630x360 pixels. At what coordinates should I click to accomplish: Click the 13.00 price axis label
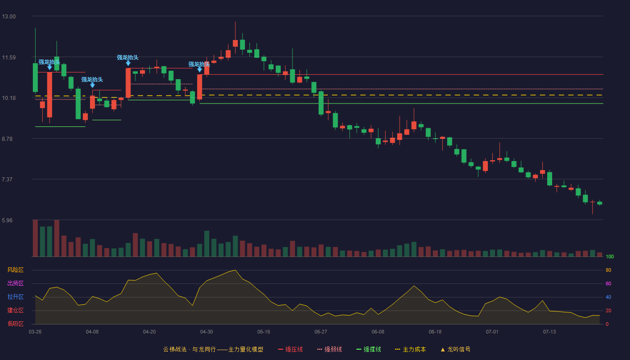pyautogui.click(x=9, y=17)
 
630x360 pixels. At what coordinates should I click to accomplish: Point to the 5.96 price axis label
pyautogui.click(x=7, y=220)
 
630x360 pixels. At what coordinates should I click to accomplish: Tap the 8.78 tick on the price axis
pyautogui.click(x=7, y=139)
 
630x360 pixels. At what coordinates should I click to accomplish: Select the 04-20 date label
pyautogui.click(x=149, y=332)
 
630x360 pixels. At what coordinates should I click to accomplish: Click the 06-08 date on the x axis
pyautogui.click(x=378, y=332)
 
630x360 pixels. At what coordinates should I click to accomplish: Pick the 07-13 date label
pyautogui.click(x=549, y=332)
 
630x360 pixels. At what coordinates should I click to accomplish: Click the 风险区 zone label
pyautogui.click(x=15, y=270)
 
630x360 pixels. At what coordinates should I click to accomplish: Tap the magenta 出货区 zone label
pyautogui.click(x=15, y=283)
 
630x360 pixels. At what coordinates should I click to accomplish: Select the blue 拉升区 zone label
pyautogui.click(x=15, y=297)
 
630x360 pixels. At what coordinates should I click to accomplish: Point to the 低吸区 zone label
pyautogui.click(x=15, y=324)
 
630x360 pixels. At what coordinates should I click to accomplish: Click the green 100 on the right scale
pyautogui.click(x=610, y=256)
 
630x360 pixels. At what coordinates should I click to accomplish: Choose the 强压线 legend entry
pyautogui.click(x=291, y=349)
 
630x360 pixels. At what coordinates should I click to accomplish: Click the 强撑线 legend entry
pyautogui.click(x=369, y=349)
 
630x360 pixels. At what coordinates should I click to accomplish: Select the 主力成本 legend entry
pyautogui.click(x=410, y=349)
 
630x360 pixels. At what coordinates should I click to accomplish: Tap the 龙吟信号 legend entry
pyautogui.click(x=455, y=349)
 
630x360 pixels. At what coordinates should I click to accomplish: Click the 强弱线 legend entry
pyautogui.click(x=329, y=349)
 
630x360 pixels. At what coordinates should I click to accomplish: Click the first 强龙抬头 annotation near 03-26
pyautogui.click(x=49, y=62)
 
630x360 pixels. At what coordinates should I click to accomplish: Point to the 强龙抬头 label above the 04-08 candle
pyautogui.click(x=92, y=80)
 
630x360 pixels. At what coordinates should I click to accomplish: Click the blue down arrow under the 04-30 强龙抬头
pyautogui.click(x=199, y=69)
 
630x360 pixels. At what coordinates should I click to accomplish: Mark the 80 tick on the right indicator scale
pyautogui.click(x=608, y=270)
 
